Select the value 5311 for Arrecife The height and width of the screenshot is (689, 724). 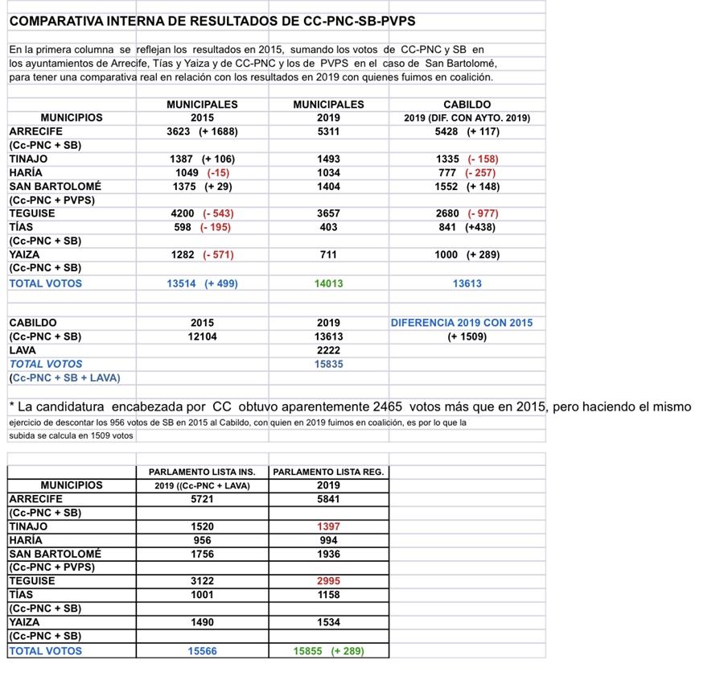point(328,131)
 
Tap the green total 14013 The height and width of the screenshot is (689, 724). point(328,283)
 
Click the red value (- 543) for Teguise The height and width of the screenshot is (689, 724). point(218,213)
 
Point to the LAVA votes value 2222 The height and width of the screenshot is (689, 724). point(328,350)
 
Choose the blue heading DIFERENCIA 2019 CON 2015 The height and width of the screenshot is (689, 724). point(462,323)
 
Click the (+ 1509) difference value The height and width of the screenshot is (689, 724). point(467,336)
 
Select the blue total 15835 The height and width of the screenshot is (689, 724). point(328,364)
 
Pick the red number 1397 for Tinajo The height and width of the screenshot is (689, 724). point(328,526)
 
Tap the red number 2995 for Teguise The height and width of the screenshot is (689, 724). point(328,580)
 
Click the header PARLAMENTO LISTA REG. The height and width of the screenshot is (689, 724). point(328,472)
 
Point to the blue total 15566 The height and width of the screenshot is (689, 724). point(202,650)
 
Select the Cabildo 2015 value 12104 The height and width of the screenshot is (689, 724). point(202,336)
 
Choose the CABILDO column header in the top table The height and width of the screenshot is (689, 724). point(467,105)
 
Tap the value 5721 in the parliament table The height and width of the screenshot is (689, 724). point(202,499)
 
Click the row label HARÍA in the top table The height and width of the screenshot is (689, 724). point(26,172)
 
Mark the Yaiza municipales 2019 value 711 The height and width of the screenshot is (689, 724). point(328,254)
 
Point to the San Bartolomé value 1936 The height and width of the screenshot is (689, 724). point(328,553)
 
